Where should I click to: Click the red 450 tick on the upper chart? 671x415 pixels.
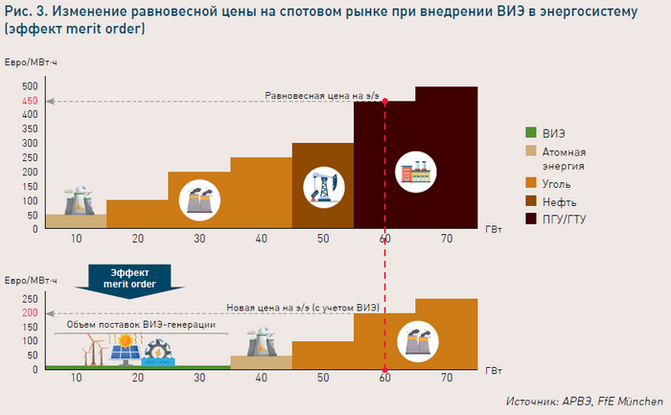(x=30, y=101)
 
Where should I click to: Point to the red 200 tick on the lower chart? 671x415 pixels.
(x=30, y=313)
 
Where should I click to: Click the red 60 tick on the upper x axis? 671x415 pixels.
(x=385, y=239)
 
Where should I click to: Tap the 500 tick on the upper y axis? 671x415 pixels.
(x=30, y=87)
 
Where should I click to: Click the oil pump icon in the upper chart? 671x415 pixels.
(x=323, y=187)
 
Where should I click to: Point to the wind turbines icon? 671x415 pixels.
(x=92, y=353)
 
